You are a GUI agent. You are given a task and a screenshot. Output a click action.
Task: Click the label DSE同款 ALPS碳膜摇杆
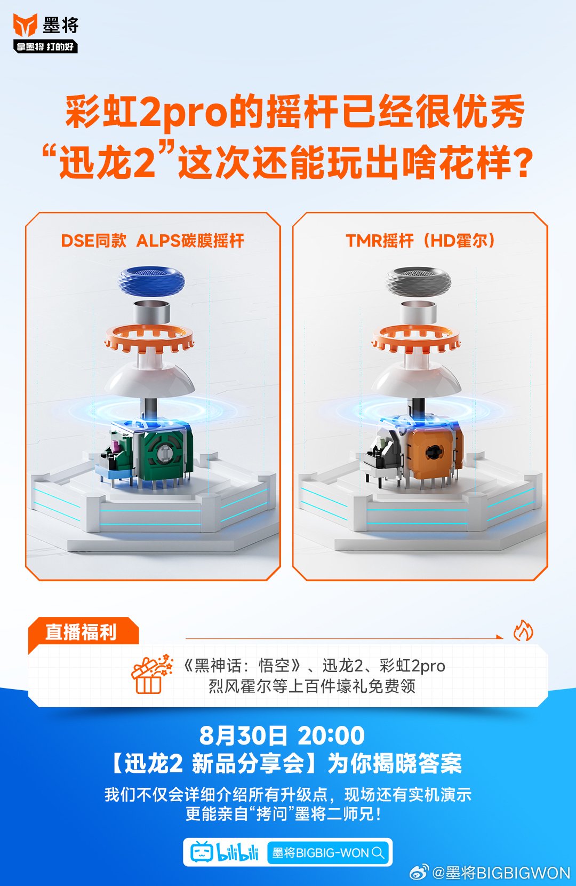tap(153, 241)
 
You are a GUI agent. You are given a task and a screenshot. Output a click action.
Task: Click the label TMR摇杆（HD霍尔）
tap(420, 241)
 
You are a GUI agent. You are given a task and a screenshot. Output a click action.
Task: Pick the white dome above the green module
tap(149, 380)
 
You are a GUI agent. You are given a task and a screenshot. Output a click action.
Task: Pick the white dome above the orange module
tap(416, 380)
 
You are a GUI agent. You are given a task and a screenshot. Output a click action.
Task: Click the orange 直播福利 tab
tap(81, 632)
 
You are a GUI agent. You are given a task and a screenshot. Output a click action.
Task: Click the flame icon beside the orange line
tap(523, 630)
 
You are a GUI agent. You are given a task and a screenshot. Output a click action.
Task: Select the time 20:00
tap(331, 735)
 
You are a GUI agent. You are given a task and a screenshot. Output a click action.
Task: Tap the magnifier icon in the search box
tap(378, 852)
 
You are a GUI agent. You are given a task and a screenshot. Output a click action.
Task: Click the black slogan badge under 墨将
tap(45, 47)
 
